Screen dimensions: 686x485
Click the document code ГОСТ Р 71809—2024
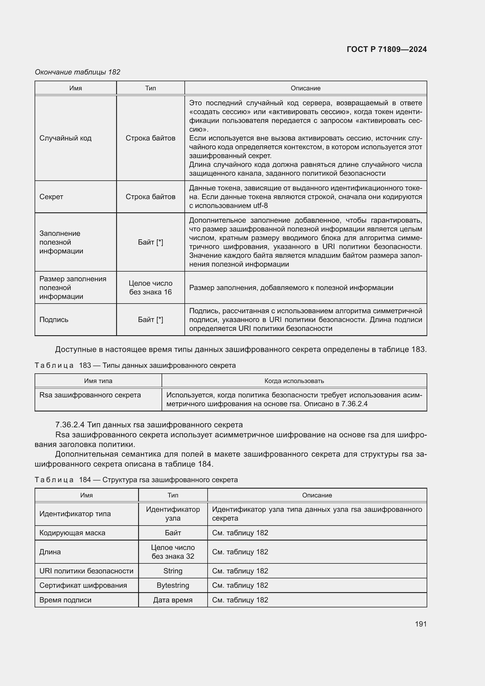pyautogui.click(x=386, y=49)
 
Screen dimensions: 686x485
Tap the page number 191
pyautogui.click(x=420, y=624)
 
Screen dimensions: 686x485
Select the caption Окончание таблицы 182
pyautogui.click(x=77, y=72)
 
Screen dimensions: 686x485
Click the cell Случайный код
pyautogui.click(x=65, y=138)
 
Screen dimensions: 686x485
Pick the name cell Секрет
pyautogui.click(x=51, y=197)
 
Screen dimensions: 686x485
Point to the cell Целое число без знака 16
pyautogui.click(x=150, y=287)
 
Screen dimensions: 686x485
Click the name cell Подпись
pyautogui.click(x=54, y=320)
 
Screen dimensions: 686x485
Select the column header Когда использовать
pyautogui.click(x=294, y=381)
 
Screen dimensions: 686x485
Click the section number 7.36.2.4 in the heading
pyautogui.click(x=70, y=425)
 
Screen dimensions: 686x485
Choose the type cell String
pyautogui.click(x=173, y=571)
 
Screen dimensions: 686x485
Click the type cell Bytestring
pyautogui.click(x=173, y=585)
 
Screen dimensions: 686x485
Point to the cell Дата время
pyautogui.click(x=173, y=600)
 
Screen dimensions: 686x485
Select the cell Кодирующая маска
pyautogui.click(x=72, y=533)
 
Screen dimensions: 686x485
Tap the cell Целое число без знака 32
pyautogui.click(x=173, y=552)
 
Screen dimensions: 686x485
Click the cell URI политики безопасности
pyautogui.click(x=86, y=571)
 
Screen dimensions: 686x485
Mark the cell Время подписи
pyautogui.click(x=65, y=600)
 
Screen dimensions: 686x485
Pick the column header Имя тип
pyautogui.click(x=98, y=381)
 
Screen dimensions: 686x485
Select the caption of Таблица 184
pyautogui.click(x=136, y=480)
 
